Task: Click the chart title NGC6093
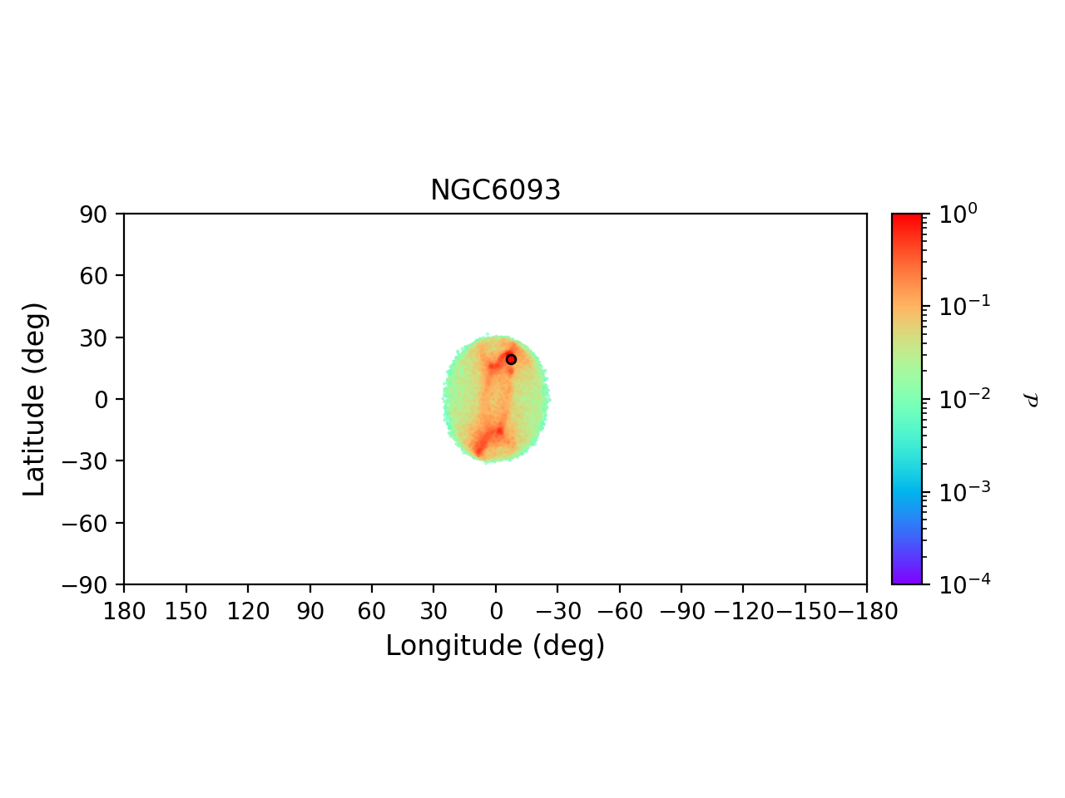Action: tap(495, 190)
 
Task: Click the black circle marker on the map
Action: tap(511, 359)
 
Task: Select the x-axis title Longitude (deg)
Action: tap(495, 645)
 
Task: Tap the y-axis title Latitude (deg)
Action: tap(34, 399)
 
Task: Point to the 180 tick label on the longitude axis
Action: tap(124, 612)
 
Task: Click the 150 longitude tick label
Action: tap(186, 612)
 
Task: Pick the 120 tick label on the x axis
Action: tap(248, 612)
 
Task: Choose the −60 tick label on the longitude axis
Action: tap(619, 612)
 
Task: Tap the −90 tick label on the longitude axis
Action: tap(681, 612)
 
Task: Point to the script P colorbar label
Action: tap(1031, 400)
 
